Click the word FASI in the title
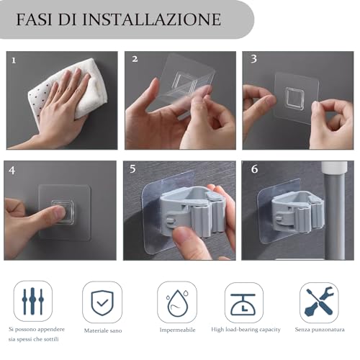34,19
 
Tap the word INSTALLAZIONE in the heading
152,19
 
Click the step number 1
14,60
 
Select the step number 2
135,59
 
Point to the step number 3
253,59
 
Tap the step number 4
12,171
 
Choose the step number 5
132,169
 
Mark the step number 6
254,169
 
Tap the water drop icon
177,303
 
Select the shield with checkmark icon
102,303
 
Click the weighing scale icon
243,304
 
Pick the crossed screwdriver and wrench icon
319,302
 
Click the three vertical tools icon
33,301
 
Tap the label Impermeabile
177,330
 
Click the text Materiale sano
103,330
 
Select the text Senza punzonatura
320,330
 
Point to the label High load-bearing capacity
246,330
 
